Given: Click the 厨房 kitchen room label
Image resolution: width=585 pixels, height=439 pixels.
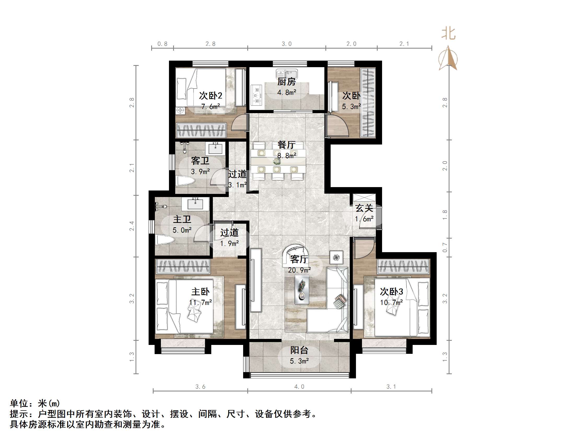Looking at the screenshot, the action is [x=286, y=82].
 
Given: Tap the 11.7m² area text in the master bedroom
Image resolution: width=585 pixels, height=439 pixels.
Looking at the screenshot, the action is [x=201, y=302].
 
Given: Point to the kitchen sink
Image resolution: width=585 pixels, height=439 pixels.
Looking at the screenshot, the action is [x=287, y=73].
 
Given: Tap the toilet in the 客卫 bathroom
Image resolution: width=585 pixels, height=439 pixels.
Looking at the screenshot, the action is [x=186, y=181].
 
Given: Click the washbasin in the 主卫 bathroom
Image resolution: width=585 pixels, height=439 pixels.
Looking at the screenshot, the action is [x=195, y=204].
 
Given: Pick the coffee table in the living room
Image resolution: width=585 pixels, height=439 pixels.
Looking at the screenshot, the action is [x=302, y=289].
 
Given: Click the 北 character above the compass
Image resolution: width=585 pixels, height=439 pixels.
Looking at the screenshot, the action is [x=448, y=34].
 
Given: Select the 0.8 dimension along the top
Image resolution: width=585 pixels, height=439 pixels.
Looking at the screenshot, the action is [x=162, y=44].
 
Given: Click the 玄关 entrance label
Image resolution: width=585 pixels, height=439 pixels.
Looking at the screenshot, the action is [x=364, y=208].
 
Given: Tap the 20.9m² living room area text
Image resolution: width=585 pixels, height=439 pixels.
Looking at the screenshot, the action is [x=299, y=270].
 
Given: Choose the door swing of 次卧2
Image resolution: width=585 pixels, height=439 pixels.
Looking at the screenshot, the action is [x=239, y=123].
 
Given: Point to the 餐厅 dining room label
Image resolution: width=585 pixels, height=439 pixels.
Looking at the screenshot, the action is [x=286, y=145].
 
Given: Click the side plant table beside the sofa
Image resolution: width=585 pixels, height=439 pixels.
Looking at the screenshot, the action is [x=336, y=257].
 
